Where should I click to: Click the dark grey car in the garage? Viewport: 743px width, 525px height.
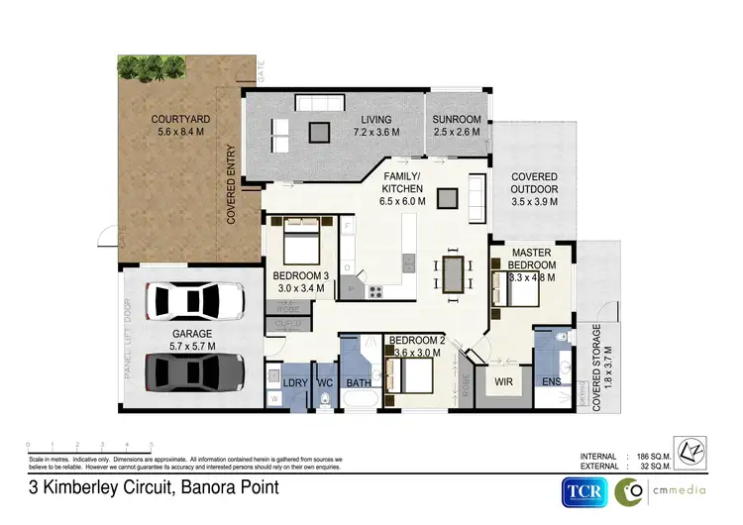point(194,371)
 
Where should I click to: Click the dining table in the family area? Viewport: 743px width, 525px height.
point(453,273)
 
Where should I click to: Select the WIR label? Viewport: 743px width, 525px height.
point(501,379)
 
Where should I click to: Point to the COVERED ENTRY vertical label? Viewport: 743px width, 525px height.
point(231,187)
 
